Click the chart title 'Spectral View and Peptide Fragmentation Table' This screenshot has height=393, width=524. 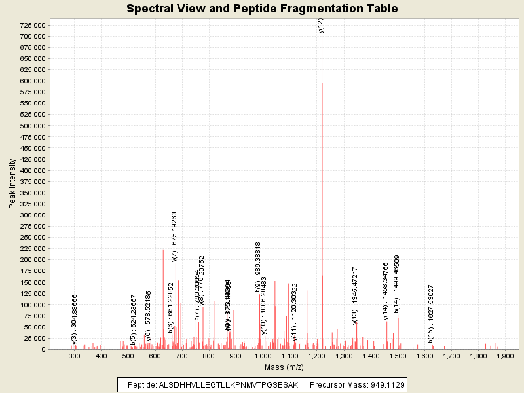[262, 9]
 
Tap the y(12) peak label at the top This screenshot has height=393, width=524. [321, 26]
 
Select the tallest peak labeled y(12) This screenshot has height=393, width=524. [322, 196]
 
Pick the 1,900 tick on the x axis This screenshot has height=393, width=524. [505, 356]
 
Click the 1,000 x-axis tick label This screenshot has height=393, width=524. [263, 356]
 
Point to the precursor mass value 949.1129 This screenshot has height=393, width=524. [382, 384]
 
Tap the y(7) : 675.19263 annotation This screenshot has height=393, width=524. [174, 236]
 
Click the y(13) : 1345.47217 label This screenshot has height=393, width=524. [355, 295]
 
